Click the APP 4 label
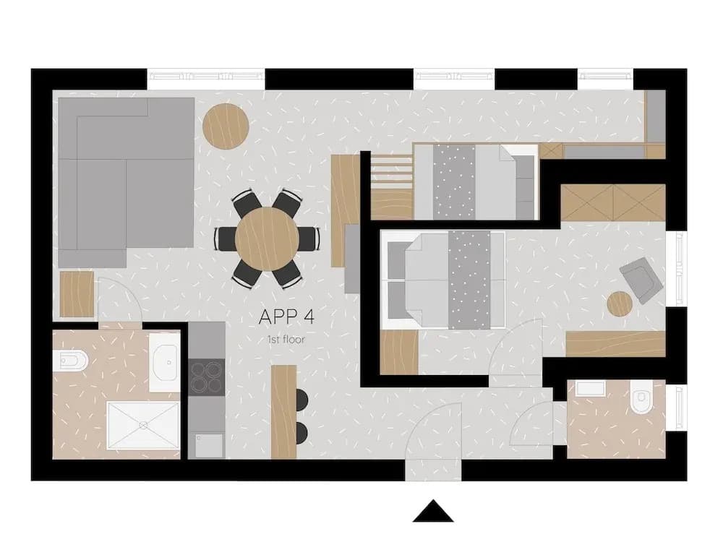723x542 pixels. (286, 317)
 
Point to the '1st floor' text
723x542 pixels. (286, 340)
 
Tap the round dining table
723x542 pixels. (268, 238)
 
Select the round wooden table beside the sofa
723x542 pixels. (226, 126)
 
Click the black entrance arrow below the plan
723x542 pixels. (433, 511)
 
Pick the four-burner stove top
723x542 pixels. (207, 377)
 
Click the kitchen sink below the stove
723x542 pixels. (209, 445)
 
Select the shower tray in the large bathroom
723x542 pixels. (143, 425)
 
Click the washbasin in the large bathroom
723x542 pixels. (164, 363)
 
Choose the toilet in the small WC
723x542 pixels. (641, 397)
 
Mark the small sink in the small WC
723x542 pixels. (590, 388)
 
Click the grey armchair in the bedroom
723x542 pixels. (641, 280)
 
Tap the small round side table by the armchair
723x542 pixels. (620, 304)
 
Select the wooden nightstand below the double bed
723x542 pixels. (399, 352)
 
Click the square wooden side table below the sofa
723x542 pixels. (77, 294)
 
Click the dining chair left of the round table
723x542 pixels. (226, 238)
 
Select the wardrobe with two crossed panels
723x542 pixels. (613, 203)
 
